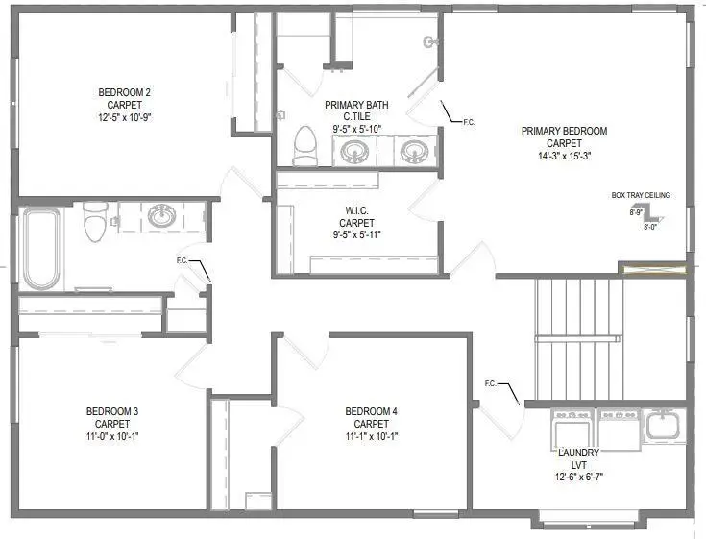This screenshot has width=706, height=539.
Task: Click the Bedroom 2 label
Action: tap(125, 92)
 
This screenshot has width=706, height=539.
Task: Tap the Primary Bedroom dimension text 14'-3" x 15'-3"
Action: tap(564, 157)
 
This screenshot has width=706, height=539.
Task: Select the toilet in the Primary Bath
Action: tap(304, 147)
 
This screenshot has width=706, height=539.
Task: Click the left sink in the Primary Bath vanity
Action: tap(354, 151)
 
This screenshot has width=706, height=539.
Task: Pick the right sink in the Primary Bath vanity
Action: tap(414, 151)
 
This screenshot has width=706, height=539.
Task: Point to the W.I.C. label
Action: tap(356, 209)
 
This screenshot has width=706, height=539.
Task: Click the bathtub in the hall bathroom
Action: tap(42, 249)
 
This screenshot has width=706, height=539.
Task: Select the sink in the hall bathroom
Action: tap(160, 217)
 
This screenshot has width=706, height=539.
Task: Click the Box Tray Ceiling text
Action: tap(641, 195)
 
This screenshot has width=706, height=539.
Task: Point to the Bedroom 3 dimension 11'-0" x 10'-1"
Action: tap(112, 435)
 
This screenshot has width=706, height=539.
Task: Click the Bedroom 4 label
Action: tap(371, 411)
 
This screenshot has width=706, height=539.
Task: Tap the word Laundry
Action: tap(578, 453)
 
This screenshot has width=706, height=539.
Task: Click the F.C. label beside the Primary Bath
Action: tap(469, 122)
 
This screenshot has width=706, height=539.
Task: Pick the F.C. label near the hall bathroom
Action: tap(183, 260)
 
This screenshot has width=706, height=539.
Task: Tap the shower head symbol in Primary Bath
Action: tap(429, 41)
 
